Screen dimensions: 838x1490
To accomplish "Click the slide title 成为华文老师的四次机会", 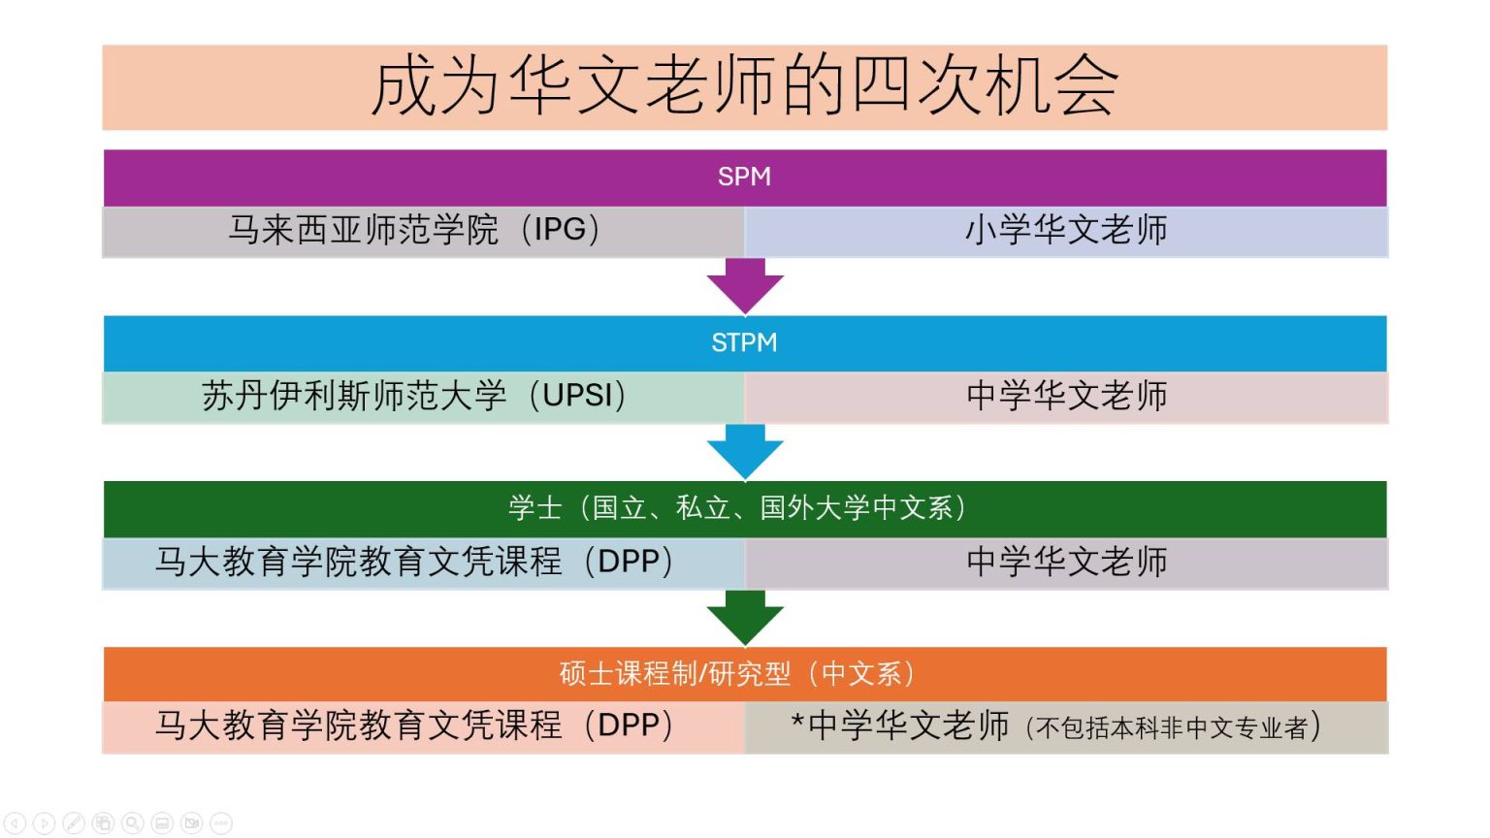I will [x=744, y=86].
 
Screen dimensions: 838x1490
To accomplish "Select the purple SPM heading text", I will [x=744, y=177].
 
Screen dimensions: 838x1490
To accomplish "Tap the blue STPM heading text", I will [x=744, y=342].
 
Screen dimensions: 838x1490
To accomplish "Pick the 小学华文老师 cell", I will [x=1065, y=231].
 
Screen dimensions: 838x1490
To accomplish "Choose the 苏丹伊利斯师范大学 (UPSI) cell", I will [x=415, y=397].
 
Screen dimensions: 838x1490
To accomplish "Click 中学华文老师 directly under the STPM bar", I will [x=1065, y=397].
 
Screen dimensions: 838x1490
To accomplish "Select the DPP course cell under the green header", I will [x=415, y=563].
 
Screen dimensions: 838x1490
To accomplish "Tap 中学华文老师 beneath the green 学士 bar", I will [x=1065, y=563].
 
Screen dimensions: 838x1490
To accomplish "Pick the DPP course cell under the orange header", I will [x=415, y=726].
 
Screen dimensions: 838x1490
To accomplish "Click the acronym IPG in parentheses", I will [x=560, y=231].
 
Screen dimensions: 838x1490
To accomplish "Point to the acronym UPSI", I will [x=578, y=397].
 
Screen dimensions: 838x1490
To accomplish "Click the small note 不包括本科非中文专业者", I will [x=1172, y=728].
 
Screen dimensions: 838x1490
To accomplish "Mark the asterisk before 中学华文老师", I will [x=797, y=723].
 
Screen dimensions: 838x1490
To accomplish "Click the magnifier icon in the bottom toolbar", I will [x=133, y=823].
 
